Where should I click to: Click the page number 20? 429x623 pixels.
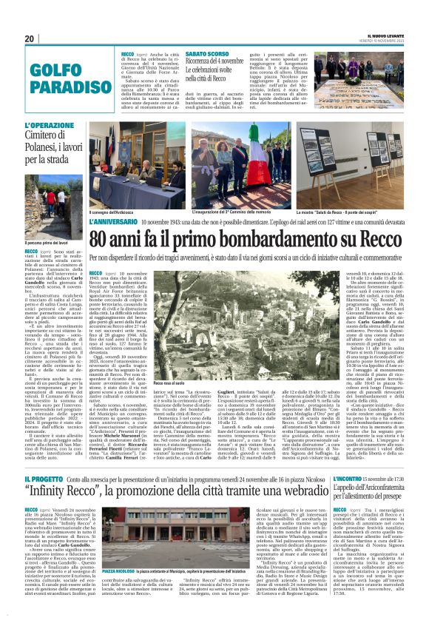click(30, 38)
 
